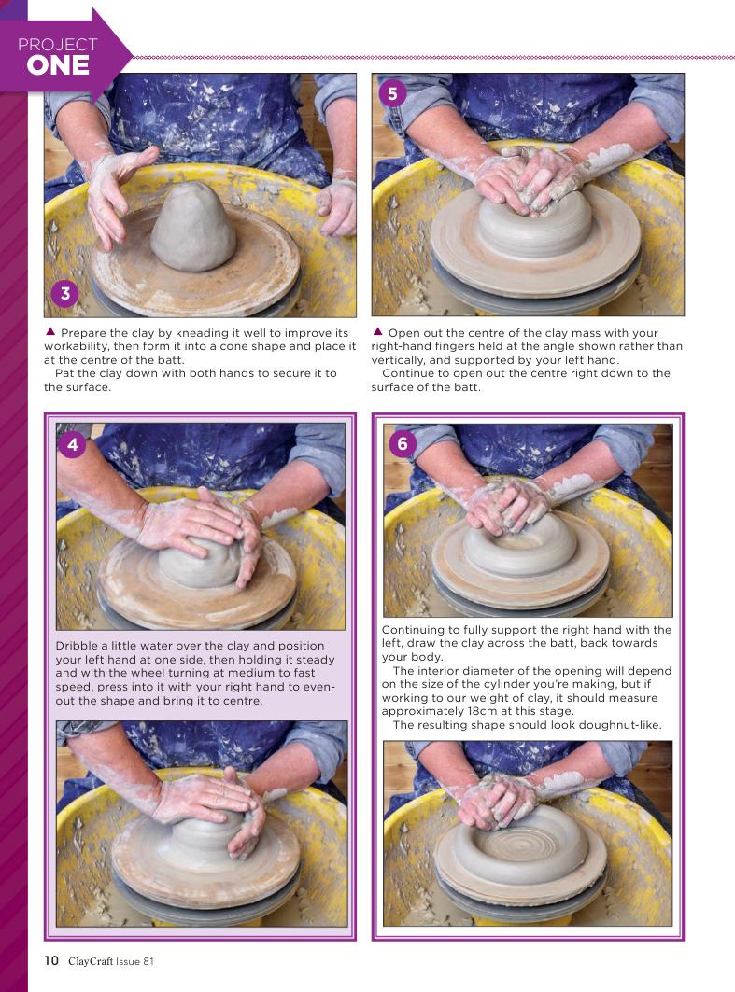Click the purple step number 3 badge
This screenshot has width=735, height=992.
64,294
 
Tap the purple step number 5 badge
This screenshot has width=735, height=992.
392,93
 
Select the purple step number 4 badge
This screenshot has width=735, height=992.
73,445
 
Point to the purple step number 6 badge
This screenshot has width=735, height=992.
403,443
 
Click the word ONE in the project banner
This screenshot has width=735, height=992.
58,66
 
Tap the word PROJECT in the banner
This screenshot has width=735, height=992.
58,44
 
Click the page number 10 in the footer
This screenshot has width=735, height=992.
51,960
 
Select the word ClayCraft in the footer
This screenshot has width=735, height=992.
91,961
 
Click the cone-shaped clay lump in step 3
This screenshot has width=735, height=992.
192,227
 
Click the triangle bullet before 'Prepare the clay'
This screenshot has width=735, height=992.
50,331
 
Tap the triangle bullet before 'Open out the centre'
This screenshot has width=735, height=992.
378,331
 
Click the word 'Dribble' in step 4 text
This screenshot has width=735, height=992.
77,646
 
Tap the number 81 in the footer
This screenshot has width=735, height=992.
148,961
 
